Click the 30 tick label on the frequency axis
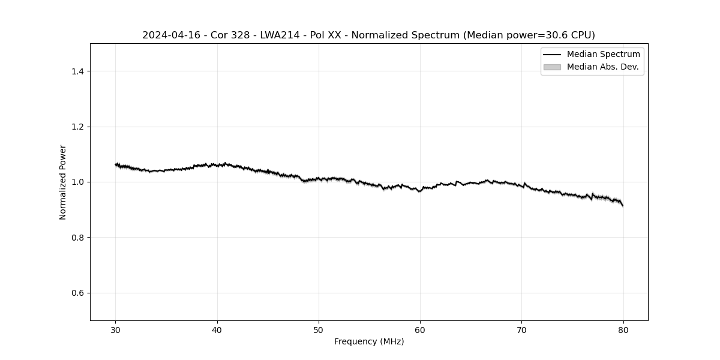[x=116, y=330]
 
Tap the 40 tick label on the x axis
[x=217, y=330]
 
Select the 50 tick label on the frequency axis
[x=319, y=330]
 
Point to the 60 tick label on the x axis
[x=420, y=330]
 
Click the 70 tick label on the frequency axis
[x=521, y=330]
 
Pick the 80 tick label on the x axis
[x=623, y=330]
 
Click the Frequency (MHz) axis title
[x=369, y=342]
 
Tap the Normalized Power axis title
[x=63, y=182]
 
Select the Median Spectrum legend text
[x=603, y=55]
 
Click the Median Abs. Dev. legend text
[x=602, y=67]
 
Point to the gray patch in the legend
[x=552, y=67]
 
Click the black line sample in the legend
[x=552, y=55]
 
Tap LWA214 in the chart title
[x=280, y=35]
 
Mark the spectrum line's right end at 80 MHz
[x=623, y=206]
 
